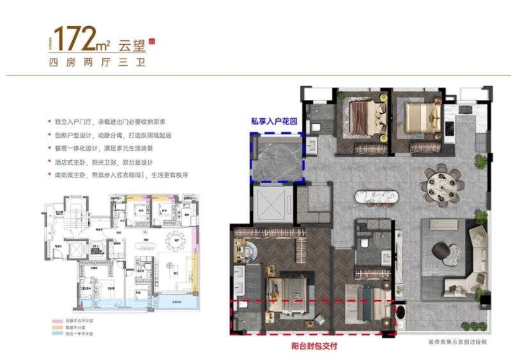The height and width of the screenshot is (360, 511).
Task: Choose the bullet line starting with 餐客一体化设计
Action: click(121, 149)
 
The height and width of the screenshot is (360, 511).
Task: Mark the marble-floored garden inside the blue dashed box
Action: click(277, 157)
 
